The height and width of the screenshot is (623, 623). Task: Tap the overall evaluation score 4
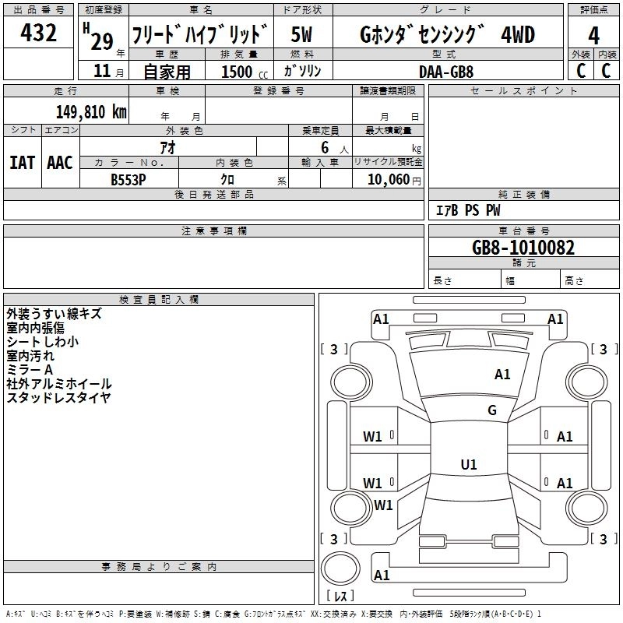tap(594, 36)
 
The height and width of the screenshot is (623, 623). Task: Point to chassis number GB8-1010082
tap(523, 248)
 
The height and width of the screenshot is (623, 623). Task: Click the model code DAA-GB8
tap(446, 71)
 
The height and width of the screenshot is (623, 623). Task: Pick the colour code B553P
tap(128, 179)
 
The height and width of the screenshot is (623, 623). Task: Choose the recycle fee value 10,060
tap(386, 179)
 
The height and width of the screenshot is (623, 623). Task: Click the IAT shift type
tap(23, 163)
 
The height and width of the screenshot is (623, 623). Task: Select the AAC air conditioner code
tap(60, 163)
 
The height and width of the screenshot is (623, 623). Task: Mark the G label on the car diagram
tap(492, 410)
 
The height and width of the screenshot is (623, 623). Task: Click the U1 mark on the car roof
tap(468, 465)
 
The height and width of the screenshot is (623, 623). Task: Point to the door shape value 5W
tap(301, 35)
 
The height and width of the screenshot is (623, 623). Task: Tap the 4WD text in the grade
tap(519, 35)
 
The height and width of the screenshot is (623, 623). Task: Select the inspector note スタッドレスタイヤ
tap(58, 398)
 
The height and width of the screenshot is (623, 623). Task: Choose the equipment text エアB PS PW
tap(467, 210)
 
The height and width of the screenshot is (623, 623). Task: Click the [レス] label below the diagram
tap(340, 596)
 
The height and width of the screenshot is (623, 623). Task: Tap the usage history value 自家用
tap(167, 72)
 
